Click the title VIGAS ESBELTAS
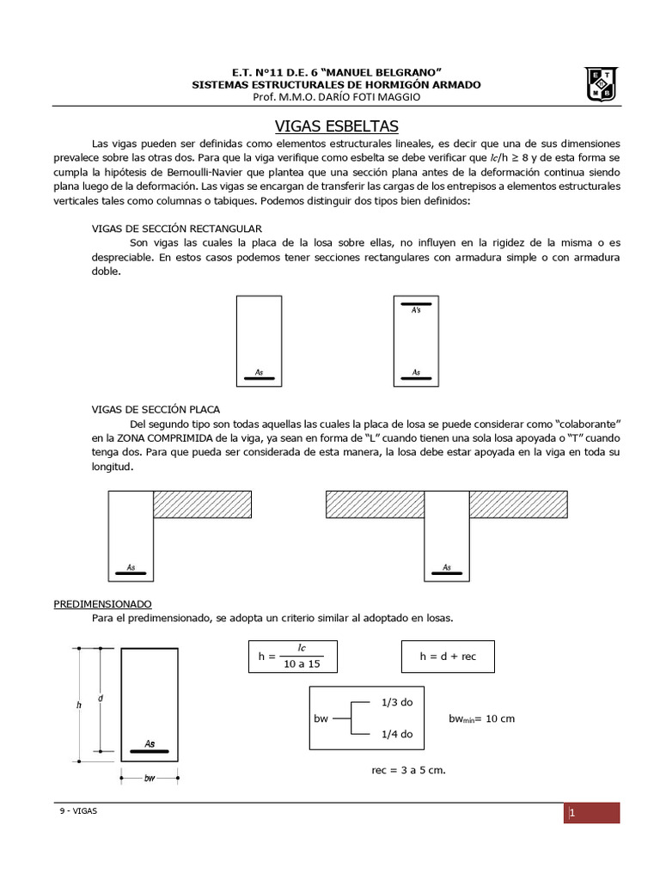pyautogui.click(x=336, y=125)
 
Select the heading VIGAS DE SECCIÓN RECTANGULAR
pyautogui.click(x=177, y=229)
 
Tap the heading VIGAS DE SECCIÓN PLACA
pyautogui.click(x=161, y=409)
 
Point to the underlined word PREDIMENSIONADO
pyautogui.click(x=107, y=604)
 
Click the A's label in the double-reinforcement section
pyautogui.click(x=416, y=309)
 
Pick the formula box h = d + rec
pyautogui.click(x=447, y=657)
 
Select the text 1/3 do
pyautogui.click(x=396, y=702)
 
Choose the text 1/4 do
pyautogui.click(x=396, y=734)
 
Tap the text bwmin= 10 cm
pyautogui.click(x=481, y=718)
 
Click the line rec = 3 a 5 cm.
pyautogui.click(x=408, y=770)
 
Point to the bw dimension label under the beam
pyautogui.click(x=150, y=779)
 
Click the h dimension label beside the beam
pyautogui.click(x=78, y=705)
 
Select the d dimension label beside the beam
pyautogui.click(x=101, y=698)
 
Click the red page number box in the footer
pyautogui.click(x=592, y=813)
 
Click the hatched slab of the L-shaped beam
pyautogui.click(x=202, y=504)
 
